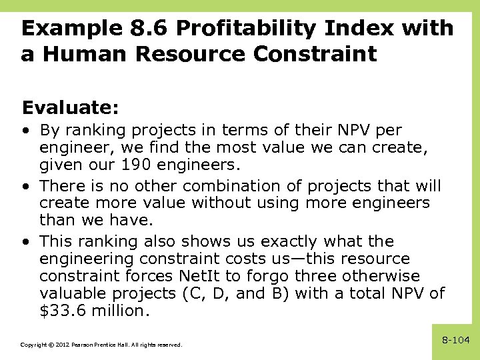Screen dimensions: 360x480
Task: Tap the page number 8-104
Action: (x=456, y=341)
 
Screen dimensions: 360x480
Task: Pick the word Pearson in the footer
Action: (x=79, y=345)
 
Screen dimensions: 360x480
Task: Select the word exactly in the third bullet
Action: (x=297, y=241)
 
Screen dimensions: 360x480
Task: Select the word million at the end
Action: (x=119, y=311)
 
